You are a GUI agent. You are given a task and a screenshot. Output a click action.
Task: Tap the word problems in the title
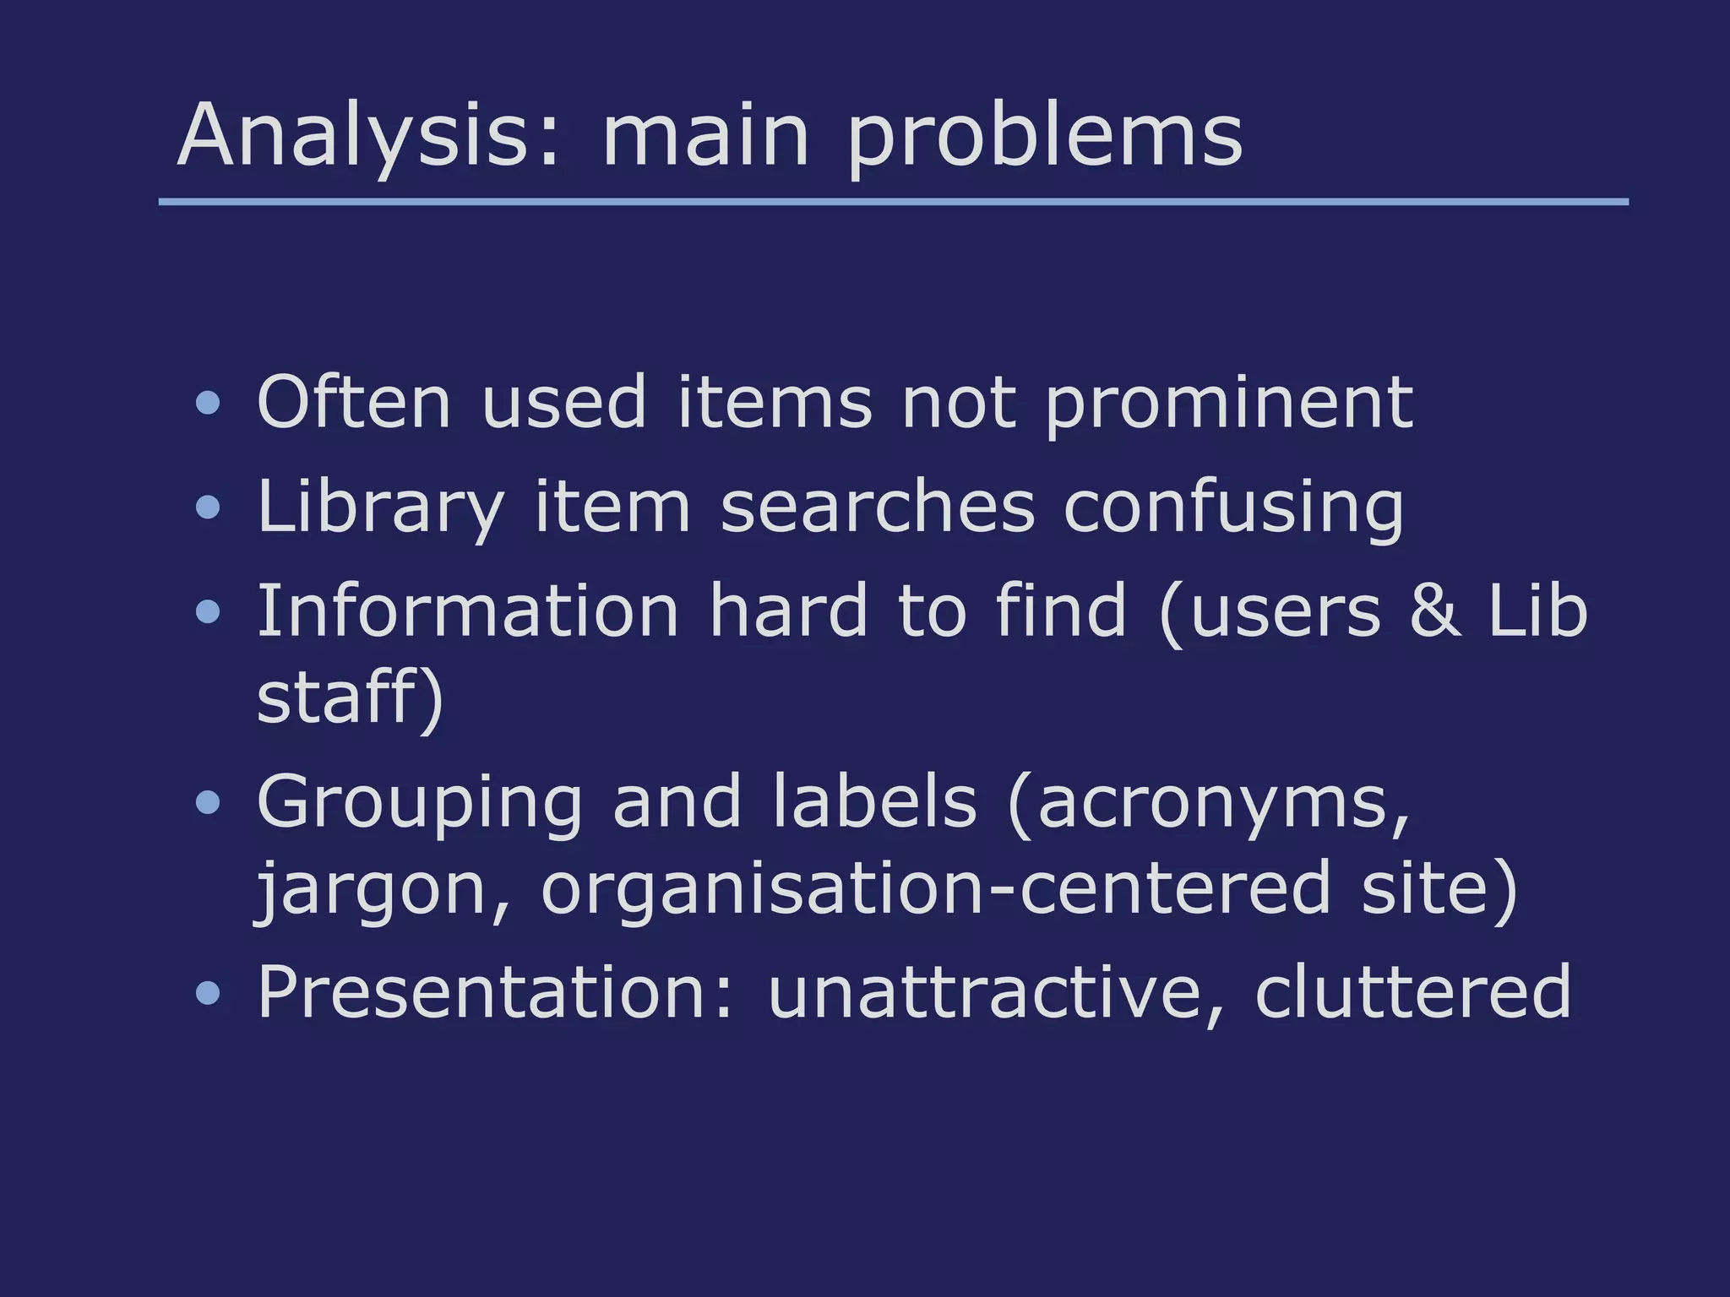pos(1045,135)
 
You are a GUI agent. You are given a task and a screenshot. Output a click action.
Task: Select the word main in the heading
pos(705,135)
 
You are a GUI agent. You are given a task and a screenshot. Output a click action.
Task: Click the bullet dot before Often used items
pos(208,403)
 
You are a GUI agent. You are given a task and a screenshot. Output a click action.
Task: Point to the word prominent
pos(1229,403)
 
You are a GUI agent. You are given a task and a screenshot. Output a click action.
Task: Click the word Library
pos(380,507)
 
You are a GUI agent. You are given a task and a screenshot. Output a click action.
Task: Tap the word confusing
pos(1233,507)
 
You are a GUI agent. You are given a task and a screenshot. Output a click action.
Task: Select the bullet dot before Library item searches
pos(208,507)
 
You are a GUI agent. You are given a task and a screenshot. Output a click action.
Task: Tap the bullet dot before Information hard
pos(208,611)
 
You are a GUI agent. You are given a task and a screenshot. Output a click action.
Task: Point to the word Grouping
pos(420,801)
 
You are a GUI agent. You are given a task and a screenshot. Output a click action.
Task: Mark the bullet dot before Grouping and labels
pos(208,802)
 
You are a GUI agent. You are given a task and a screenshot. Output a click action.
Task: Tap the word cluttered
pos(1412,991)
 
